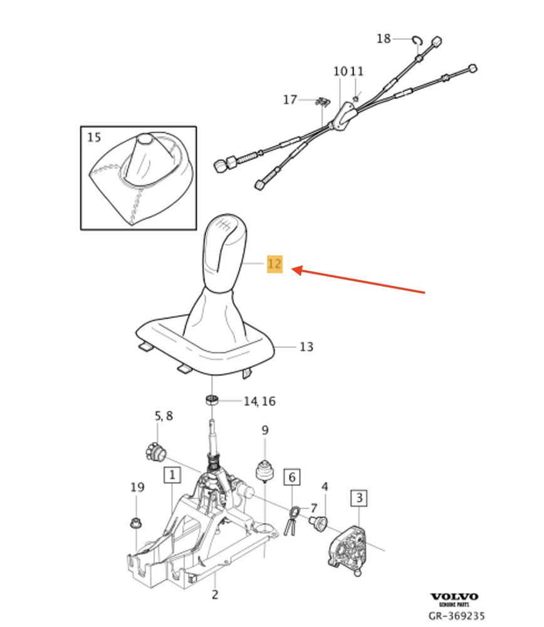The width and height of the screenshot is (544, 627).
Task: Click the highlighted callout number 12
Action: (275, 264)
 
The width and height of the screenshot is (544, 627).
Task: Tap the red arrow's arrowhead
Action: (297, 270)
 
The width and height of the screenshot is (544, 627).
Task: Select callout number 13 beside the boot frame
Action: (306, 347)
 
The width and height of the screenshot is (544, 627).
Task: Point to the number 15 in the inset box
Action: (94, 137)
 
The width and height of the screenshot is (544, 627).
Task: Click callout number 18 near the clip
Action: (384, 38)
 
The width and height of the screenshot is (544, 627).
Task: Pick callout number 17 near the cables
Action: (290, 99)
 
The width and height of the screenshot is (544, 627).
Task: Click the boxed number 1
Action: (172, 475)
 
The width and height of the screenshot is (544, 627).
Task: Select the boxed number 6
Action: (292, 477)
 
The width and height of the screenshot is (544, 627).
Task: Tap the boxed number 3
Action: (359, 498)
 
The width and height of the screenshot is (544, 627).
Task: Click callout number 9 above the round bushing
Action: (265, 430)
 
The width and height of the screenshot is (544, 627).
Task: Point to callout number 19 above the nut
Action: (137, 487)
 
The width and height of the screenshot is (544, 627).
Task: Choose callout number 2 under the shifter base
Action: (215, 594)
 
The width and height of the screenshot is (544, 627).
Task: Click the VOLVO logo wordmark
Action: (454, 597)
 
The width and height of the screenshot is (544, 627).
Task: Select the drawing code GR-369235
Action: (456, 616)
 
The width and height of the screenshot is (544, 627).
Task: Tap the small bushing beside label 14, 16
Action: (212, 399)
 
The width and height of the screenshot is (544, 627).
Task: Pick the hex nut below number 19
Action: (136, 523)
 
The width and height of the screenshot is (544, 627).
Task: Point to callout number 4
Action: (325, 487)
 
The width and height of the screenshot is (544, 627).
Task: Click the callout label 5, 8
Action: (164, 416)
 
